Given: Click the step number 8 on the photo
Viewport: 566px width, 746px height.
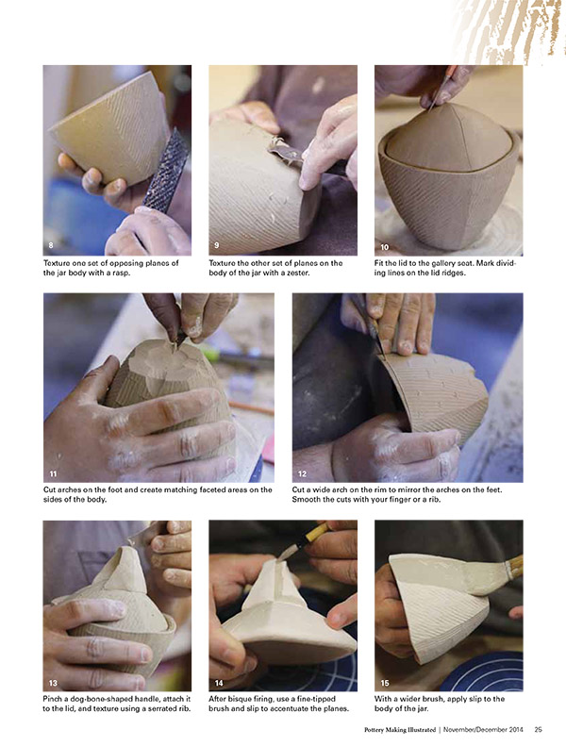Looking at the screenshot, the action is [51, 245].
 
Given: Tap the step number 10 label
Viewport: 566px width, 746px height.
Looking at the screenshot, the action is [385, 247].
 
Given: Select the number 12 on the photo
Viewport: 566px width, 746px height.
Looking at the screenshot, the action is [302, 473].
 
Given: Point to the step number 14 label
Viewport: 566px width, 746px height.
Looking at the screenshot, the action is [219, 683].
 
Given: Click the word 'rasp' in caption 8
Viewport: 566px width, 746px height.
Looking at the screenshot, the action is [120, 274].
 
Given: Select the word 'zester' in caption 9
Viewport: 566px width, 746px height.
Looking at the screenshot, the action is [296, 274].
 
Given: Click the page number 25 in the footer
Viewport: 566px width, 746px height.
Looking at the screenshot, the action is [538, 729].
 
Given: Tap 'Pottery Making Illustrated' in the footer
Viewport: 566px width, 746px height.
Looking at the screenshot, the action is [400, 729].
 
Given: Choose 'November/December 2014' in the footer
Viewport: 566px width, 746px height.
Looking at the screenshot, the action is [483, 729].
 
